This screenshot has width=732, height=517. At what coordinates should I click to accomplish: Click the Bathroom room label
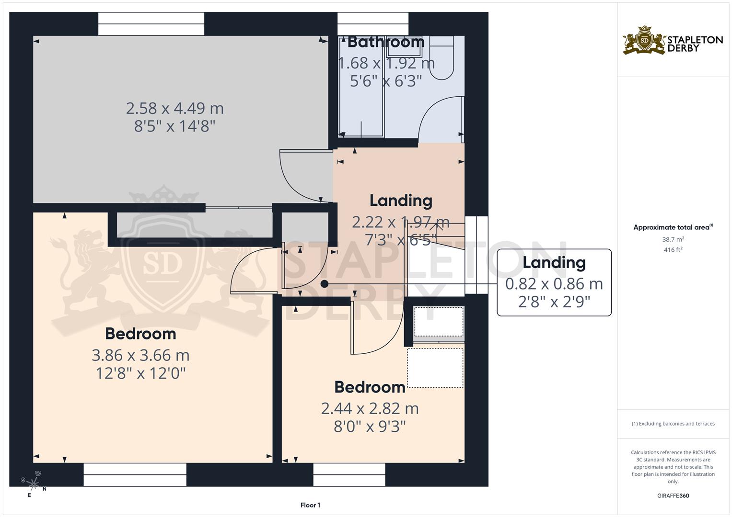pos(386,42)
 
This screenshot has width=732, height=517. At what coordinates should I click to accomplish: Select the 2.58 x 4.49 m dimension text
pos(175,109)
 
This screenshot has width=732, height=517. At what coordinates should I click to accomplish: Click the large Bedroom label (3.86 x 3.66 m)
pos(140,334)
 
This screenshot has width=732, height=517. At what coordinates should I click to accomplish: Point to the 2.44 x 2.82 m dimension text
pos(370,408)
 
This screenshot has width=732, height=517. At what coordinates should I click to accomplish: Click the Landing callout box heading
pos(554,262)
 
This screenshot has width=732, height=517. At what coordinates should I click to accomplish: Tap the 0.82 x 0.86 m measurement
pos(554,284)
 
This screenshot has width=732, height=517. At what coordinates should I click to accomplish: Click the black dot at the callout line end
pos(325,284)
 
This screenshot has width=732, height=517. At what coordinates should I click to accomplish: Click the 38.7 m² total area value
pos(673,239)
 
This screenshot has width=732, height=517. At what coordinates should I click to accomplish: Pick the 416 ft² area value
pos(673,250)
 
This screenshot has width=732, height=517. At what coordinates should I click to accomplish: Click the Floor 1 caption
pos(310,505)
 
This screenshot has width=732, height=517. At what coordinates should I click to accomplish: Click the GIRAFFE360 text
pos(673,496)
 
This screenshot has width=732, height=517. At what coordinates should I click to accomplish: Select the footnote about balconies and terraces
pos(673,424)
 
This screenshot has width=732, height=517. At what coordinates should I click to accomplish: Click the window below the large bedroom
pos(135,474)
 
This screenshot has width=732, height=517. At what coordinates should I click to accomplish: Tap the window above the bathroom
pos(373,24)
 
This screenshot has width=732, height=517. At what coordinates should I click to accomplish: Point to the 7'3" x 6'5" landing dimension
pos(400,239)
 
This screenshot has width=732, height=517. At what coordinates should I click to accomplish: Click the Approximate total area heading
pos(673,227)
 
